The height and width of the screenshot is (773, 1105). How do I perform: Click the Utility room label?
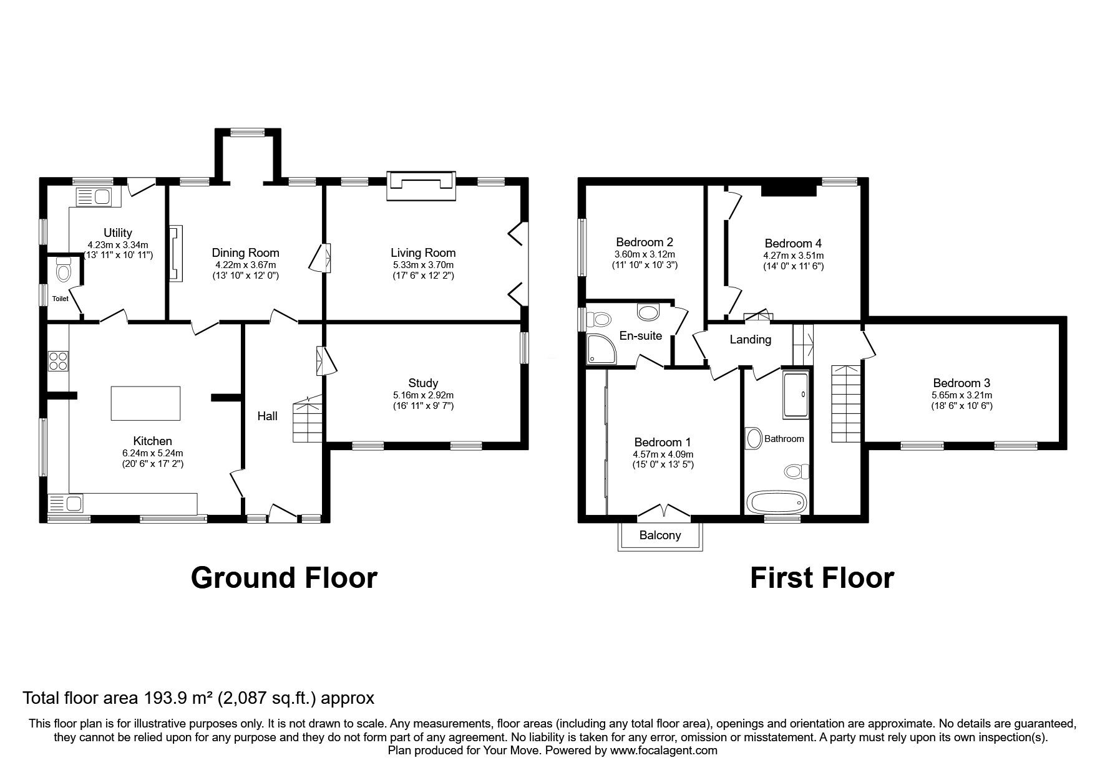coord(117,233)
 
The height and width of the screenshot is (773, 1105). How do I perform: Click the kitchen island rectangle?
coord(145,403)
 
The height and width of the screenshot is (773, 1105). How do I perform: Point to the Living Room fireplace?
coord(420,185)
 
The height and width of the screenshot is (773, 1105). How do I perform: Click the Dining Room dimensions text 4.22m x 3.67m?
coord(245,264)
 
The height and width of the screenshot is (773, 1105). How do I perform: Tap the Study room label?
coord(423,383)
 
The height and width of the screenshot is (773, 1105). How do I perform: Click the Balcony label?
coord(660,535)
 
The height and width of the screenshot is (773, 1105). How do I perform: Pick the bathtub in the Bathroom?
coord(777,502)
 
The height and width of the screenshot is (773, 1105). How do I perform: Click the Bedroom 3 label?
coord(961,383)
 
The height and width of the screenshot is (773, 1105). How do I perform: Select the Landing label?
coord(751,340)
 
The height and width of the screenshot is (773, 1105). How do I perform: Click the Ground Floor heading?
coord(284,578)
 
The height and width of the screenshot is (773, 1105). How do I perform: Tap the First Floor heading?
coord(821,578)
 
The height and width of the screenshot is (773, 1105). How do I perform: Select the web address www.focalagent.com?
coord(663,751)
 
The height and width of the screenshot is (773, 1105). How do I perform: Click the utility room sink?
coord(93,198)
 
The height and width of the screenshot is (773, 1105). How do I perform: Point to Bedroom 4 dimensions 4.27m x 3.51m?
coord(793,256)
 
